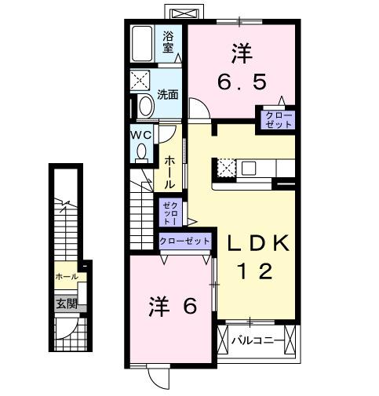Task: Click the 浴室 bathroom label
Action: pyautogui.click(x=168, y=42)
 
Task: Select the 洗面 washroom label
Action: pyautogui.click(x=167, y=94)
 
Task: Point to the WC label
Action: pyautogui.click(x=140, y=134)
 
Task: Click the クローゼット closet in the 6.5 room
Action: pyautogui.click(x=279, y=120)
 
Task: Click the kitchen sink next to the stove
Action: pyautogui.click(x=250, y=167)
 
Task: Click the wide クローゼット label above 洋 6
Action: pyautogui.click(x=184, y=240)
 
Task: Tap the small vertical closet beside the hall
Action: pyautogui.click(x=169, y=212)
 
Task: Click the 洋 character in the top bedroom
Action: pyautogui.click(x=241, y=53)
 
